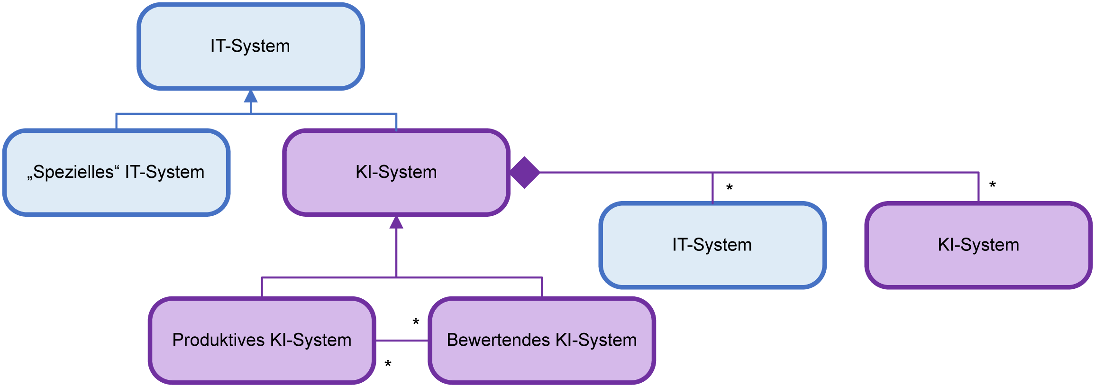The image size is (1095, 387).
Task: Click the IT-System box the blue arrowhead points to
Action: click(250, 46)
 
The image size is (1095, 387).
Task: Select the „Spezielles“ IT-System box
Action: click(116, 172)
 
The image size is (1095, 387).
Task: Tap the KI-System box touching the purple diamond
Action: click(396, 172)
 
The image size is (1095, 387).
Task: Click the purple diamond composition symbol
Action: click(525, 173)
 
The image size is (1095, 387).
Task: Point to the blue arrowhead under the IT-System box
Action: click(251, 96)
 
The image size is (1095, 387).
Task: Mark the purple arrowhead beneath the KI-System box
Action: click(396, 222)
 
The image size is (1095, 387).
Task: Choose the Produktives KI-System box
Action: click(262, 340)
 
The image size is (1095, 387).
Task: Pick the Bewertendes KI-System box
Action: click(542, 340)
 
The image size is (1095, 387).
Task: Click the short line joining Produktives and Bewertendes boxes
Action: click(402, 341)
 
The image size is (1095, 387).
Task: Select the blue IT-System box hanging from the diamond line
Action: click(712, 245)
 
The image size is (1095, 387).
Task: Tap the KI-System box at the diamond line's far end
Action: click(978, 245)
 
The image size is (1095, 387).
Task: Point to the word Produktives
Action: click(218, 340)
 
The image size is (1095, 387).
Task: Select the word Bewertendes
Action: click(498, 340)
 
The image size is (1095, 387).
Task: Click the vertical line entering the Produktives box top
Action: click(262, 287)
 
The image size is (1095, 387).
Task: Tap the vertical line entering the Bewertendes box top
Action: click(542, 287)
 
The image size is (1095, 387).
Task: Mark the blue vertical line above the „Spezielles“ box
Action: click(116, 121)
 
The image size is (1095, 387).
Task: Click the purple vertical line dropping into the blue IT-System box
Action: click(712, 188)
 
